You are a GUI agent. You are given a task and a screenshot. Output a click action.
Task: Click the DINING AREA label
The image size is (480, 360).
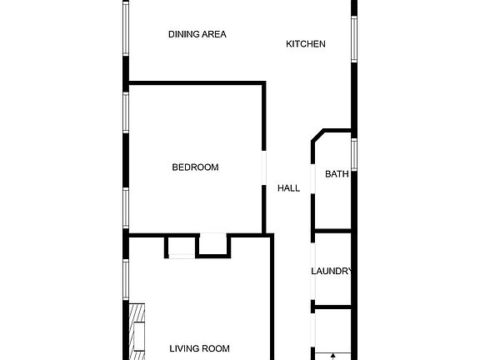tap(197, 34)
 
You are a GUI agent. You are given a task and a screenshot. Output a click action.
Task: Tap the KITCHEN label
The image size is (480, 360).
tap(306, 44)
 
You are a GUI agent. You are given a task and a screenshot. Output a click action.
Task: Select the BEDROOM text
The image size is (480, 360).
tap(195, 167)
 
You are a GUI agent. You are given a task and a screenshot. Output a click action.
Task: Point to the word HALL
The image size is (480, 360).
tap(288, 188)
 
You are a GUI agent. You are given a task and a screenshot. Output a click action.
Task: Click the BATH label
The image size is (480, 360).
tap(337, 174)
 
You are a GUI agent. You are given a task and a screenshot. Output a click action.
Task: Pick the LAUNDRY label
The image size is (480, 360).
tap(332, 272)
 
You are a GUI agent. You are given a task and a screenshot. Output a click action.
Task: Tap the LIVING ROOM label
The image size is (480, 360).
tap(199, 348)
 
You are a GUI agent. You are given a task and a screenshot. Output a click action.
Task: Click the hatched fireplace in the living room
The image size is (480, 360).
tap(136, 330)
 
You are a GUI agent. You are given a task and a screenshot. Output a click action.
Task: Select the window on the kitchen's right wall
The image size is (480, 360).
tap(354, 38)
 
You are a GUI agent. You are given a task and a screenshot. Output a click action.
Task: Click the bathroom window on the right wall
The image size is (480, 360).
tap(354, 153)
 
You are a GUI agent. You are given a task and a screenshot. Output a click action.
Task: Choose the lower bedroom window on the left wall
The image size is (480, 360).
tap(127, 208)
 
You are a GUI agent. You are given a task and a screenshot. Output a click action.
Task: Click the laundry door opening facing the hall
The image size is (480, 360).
tap(313, 272)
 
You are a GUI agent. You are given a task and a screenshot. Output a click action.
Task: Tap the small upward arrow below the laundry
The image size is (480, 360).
tap(333, 356)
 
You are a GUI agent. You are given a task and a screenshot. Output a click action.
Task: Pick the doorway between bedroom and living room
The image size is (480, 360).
tap(213, 234)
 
